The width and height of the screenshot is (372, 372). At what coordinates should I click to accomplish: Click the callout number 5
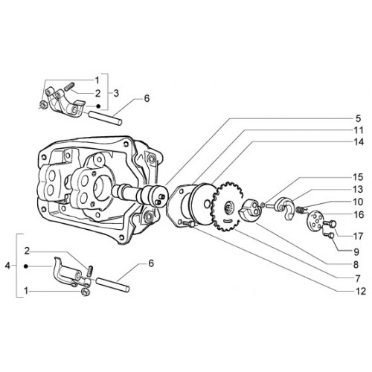click(358, 118)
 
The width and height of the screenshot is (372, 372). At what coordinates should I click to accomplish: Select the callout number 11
click(358, 130)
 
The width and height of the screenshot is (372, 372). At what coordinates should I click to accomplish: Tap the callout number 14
click(358, 142)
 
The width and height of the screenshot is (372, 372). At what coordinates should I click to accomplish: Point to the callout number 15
click(358, 177)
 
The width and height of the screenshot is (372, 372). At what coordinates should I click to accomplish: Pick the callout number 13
click(358, 190)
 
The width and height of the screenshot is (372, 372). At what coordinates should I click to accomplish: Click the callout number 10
click(358, 202)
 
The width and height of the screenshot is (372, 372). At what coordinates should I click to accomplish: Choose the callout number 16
click(359, 214)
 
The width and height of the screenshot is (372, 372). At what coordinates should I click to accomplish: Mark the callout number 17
click(358, 237)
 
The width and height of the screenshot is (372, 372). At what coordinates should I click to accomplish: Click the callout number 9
click(356, 252)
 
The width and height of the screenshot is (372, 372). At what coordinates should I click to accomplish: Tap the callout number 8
click(356, 265)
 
